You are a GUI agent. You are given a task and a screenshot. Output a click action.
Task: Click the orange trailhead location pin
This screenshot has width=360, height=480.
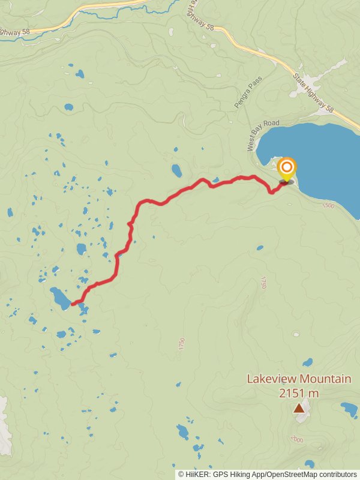[287, 169]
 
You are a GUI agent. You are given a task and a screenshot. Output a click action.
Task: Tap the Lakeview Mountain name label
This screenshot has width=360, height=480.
[299, 379]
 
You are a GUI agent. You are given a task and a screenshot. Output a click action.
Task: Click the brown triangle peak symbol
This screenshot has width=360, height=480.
[298, 408]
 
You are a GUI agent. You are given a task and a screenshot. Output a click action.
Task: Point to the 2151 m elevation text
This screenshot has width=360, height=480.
[298, 394]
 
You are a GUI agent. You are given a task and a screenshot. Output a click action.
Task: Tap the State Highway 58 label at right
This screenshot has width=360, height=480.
[313, 93]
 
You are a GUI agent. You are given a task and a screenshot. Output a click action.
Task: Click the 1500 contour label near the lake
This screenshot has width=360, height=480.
[328, 206]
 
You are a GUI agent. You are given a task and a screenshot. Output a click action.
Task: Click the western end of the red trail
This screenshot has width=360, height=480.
[73, 304]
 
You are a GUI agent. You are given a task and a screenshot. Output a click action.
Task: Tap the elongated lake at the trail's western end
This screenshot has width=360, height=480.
[60, 298]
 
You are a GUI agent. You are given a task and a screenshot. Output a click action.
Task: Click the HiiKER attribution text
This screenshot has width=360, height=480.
[267, 474]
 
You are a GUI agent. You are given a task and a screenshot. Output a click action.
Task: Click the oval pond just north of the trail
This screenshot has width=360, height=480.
[176, 171]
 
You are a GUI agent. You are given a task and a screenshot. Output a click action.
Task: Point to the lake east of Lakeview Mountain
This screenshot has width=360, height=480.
[349, 410]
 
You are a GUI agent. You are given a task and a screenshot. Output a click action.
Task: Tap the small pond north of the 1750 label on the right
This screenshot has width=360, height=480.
[259, 247]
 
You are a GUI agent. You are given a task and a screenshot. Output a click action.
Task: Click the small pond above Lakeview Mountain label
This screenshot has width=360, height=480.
[308, 362]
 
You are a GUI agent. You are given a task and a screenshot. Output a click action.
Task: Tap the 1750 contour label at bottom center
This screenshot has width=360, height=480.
[182, 344]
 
